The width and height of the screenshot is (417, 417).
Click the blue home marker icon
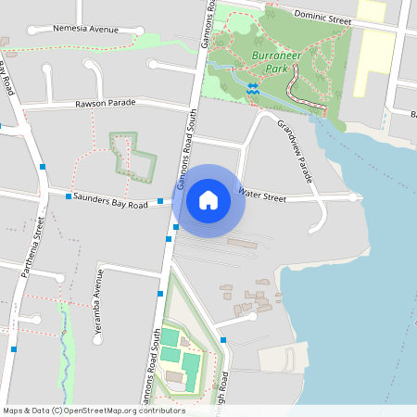click(208, 199)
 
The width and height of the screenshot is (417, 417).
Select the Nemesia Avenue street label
click(86, 30)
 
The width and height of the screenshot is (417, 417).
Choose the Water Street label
click(262, 195)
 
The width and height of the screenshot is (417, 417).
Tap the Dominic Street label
click(322, 16)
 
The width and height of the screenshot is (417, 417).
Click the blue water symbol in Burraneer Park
click(253, 88)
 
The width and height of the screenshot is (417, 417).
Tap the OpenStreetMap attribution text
click(94, 411)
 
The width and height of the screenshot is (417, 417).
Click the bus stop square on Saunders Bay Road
click(69, 196)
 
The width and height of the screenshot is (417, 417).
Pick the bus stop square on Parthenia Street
click(44, 167)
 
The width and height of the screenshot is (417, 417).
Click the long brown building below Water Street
click(243, 245)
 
